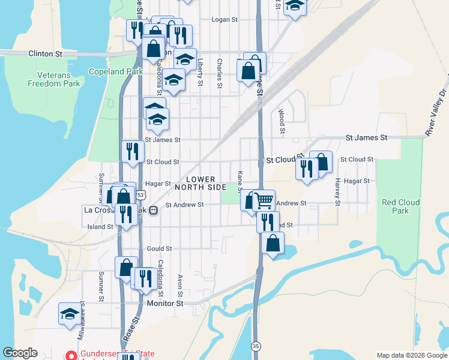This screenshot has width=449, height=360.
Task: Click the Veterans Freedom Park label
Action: (x=53, y=79)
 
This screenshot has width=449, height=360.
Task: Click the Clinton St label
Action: (x=45, y=54)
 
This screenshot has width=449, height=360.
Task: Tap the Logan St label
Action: (x=225, y=20)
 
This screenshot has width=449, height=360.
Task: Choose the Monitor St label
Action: (x=165, y=304)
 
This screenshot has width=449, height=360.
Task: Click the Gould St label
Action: (x=160, y=248)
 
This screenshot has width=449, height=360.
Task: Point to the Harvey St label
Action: (x=338, y=192)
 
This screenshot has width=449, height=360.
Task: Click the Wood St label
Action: (x=281, y=121)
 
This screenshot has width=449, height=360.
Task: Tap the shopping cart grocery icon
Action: (x=264, y=200)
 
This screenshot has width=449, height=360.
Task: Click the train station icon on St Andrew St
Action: (x=154, y=211)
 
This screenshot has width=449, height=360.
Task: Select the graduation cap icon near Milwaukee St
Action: (x=69, y=313)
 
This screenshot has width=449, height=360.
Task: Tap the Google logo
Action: (x=20, y=353)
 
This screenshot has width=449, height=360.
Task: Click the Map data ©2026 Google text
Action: (x=412, y=355)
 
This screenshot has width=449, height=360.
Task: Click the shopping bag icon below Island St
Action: (x=273, y=242)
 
